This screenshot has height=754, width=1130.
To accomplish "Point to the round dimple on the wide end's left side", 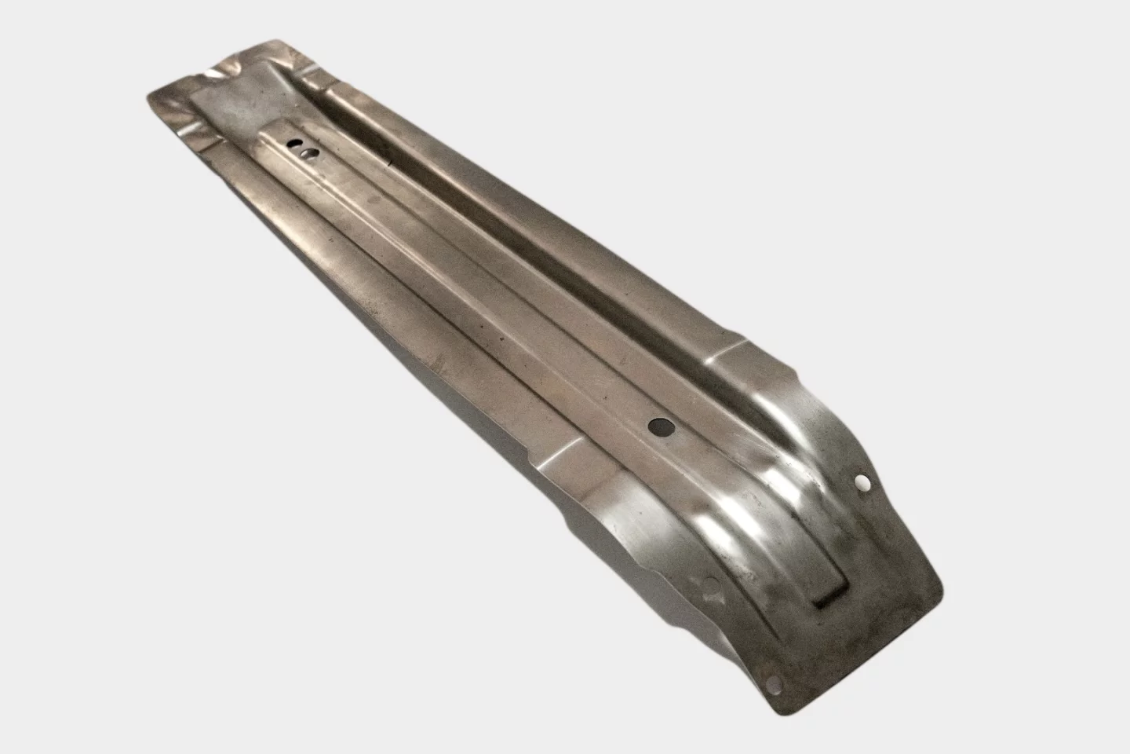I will [x=712, y=584].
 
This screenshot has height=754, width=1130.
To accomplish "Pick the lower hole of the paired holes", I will [x=312, y=153].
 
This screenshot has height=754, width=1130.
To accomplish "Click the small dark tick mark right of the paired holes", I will [x=390, y=164].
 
